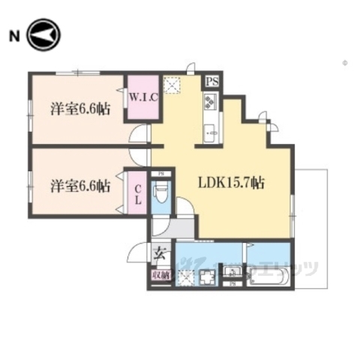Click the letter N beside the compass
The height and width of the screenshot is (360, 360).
click(x=13, y=35)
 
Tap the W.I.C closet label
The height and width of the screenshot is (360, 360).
click(x=142, y=95)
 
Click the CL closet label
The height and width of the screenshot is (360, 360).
click(x=138, y=193)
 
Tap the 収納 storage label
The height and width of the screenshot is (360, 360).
click(x=160, y=276)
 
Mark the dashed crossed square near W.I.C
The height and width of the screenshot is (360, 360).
click(x=172, y=87)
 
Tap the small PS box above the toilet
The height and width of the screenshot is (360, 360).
click(x=160, y=174)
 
